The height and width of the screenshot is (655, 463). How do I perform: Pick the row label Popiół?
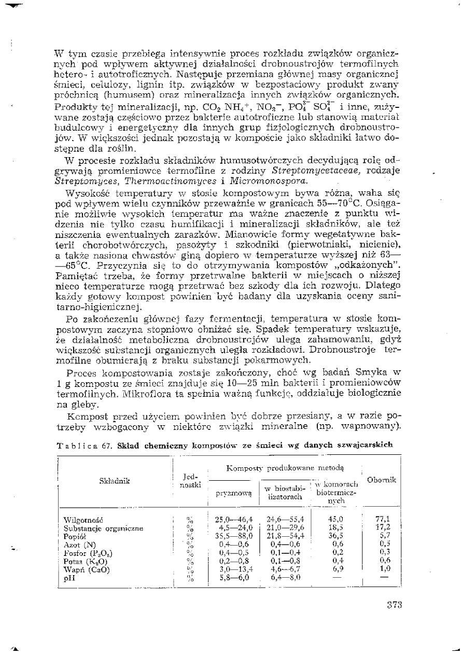click(72, 536)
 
